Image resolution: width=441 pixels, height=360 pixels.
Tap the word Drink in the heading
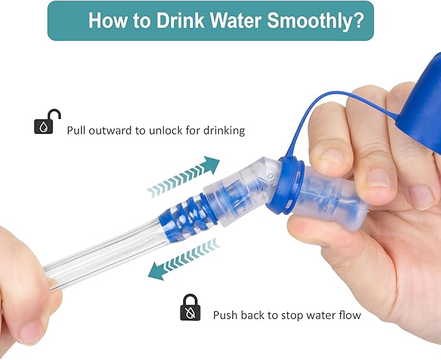click(181, 20)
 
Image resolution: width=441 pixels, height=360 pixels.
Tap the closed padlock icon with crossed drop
click(190, 307)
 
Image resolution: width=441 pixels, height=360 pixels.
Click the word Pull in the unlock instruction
click(75, 131)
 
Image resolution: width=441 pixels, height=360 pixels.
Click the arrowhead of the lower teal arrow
click(156, 272)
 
